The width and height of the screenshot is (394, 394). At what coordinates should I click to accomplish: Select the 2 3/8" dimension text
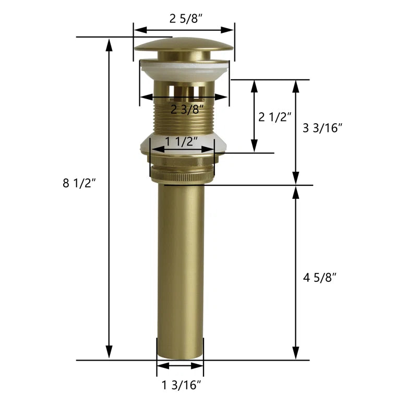point(187,109)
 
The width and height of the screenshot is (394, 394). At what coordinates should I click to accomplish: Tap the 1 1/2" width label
point(182,141)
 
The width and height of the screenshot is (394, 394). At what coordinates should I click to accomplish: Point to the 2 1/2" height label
point(274,117)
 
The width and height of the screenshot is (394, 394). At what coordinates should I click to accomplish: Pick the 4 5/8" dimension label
point(319,277)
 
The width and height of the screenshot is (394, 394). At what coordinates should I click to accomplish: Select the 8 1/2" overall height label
point(79,183)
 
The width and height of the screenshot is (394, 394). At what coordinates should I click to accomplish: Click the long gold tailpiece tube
point(181,271)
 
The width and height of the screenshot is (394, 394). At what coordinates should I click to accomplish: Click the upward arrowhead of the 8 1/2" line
point(109,43)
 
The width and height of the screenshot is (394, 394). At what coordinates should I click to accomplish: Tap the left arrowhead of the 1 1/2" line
point(154,149)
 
